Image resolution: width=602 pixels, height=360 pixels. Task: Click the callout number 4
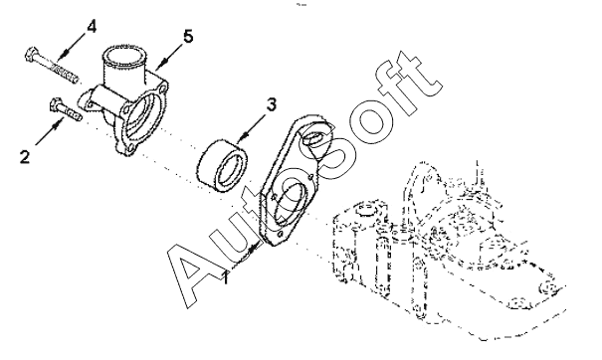pos(92,27)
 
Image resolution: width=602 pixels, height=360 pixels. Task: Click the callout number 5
pos(188,37)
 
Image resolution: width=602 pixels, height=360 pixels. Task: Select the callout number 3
pos(271,104)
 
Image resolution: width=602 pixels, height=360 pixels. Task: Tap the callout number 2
pos(25,157)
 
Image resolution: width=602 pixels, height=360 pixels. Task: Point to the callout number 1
pos(227,277)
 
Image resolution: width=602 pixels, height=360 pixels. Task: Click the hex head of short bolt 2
pos(56,104)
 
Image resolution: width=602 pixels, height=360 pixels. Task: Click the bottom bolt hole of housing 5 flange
pos(131,148)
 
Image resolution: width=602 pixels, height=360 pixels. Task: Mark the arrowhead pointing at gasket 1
pos(252,250)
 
